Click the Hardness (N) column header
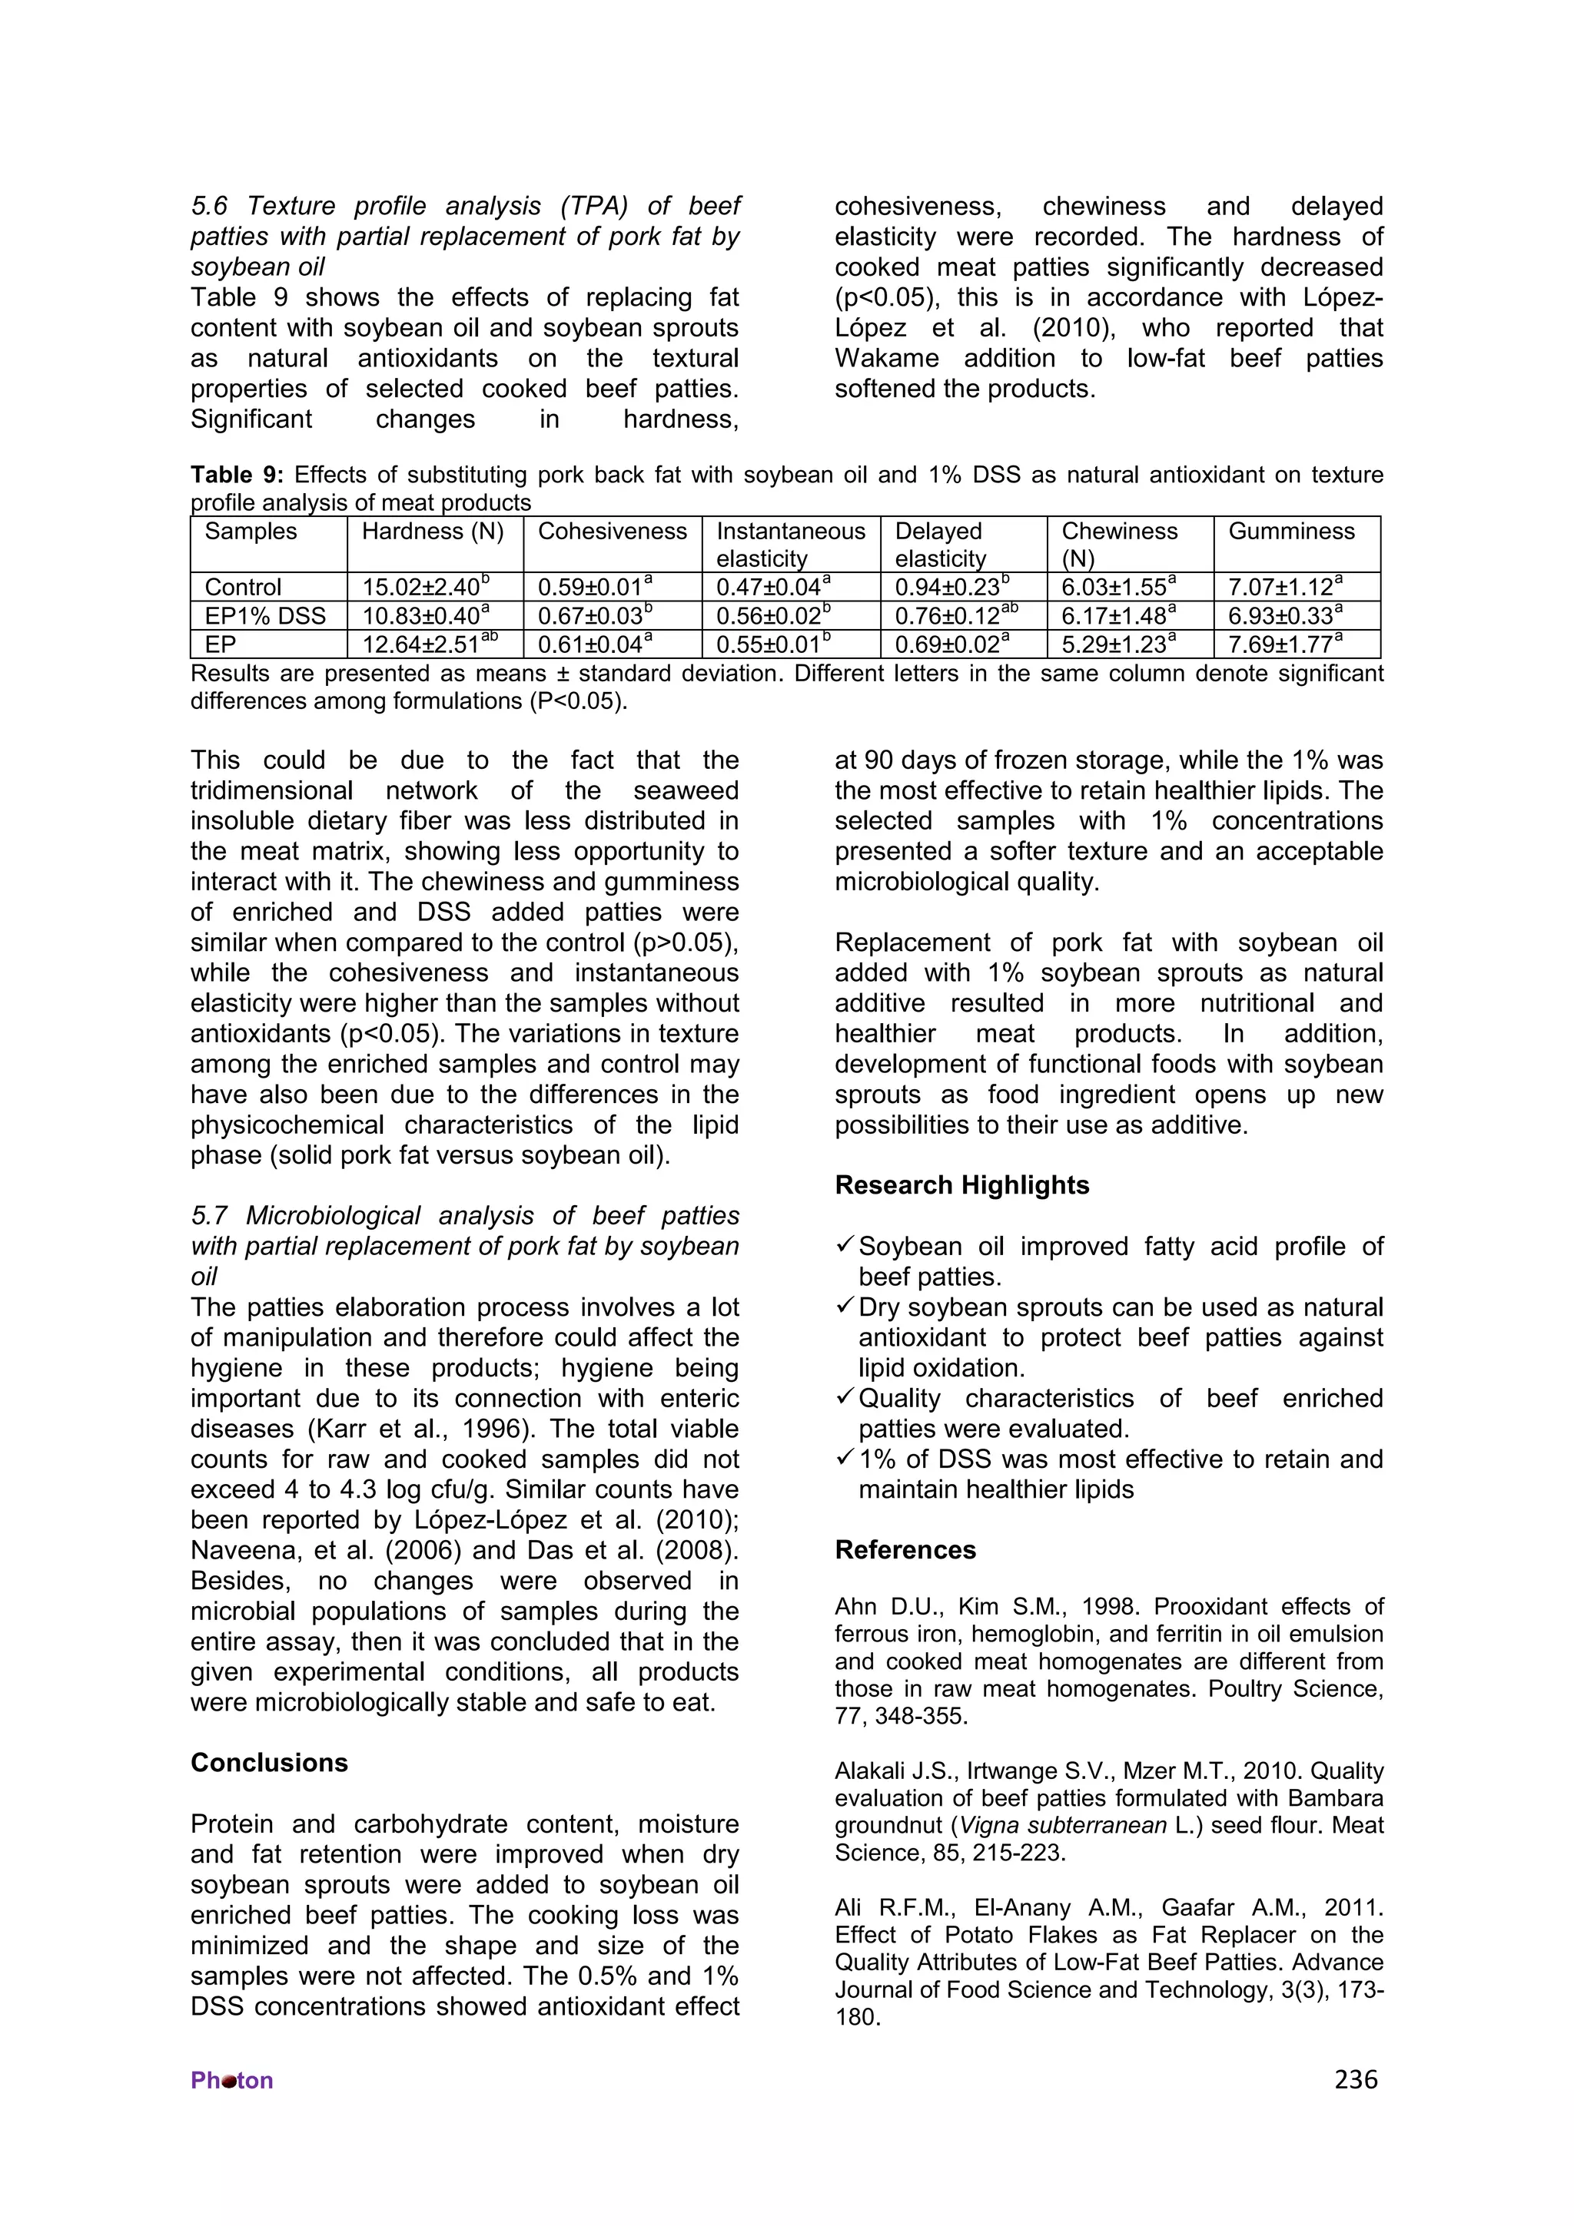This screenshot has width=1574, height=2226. [433, 532]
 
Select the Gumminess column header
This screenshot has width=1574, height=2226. [1291, 532]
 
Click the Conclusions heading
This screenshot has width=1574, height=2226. [269, 1763]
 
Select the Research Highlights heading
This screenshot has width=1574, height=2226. [961, 1186]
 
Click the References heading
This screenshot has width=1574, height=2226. [905, 1550]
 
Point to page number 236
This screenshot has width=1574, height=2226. [1355, 2079]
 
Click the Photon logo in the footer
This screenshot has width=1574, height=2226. [232, 2081]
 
